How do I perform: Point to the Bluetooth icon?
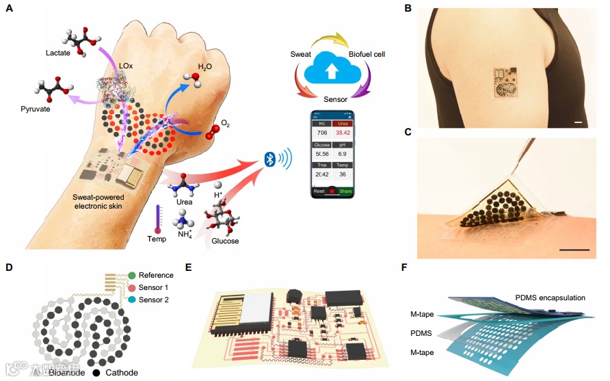pyautogui.click(x=271, y=159)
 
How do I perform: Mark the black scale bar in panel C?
pyautogui.click(x=574, y=250)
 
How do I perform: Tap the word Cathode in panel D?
pyautogui.click(x=122, y=373)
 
